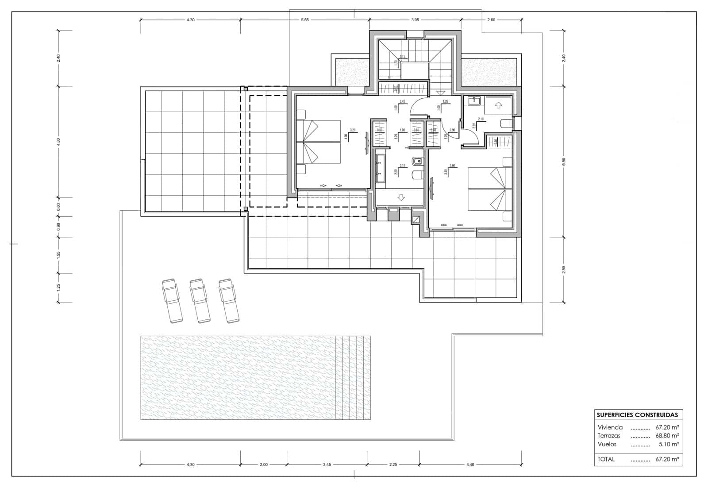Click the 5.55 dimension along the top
click(304, 20)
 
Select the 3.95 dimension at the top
click(415, 20)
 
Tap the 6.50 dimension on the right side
click(563, 162)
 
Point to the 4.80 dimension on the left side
click(58, 142)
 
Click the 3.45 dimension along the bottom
click(327, 465)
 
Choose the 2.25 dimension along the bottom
click(393, 465)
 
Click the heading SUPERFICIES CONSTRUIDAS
click(637, 415)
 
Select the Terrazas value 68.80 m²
click(667, 436)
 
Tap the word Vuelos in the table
click(607, 444)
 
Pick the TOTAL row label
click(606, 459)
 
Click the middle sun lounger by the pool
click(200, 300)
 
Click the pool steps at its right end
click(353, 378)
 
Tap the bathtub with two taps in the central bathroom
click(380, 169)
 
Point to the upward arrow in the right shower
click(498, 105)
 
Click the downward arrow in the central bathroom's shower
click(401, 198)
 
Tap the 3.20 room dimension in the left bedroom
click(353, 130)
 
